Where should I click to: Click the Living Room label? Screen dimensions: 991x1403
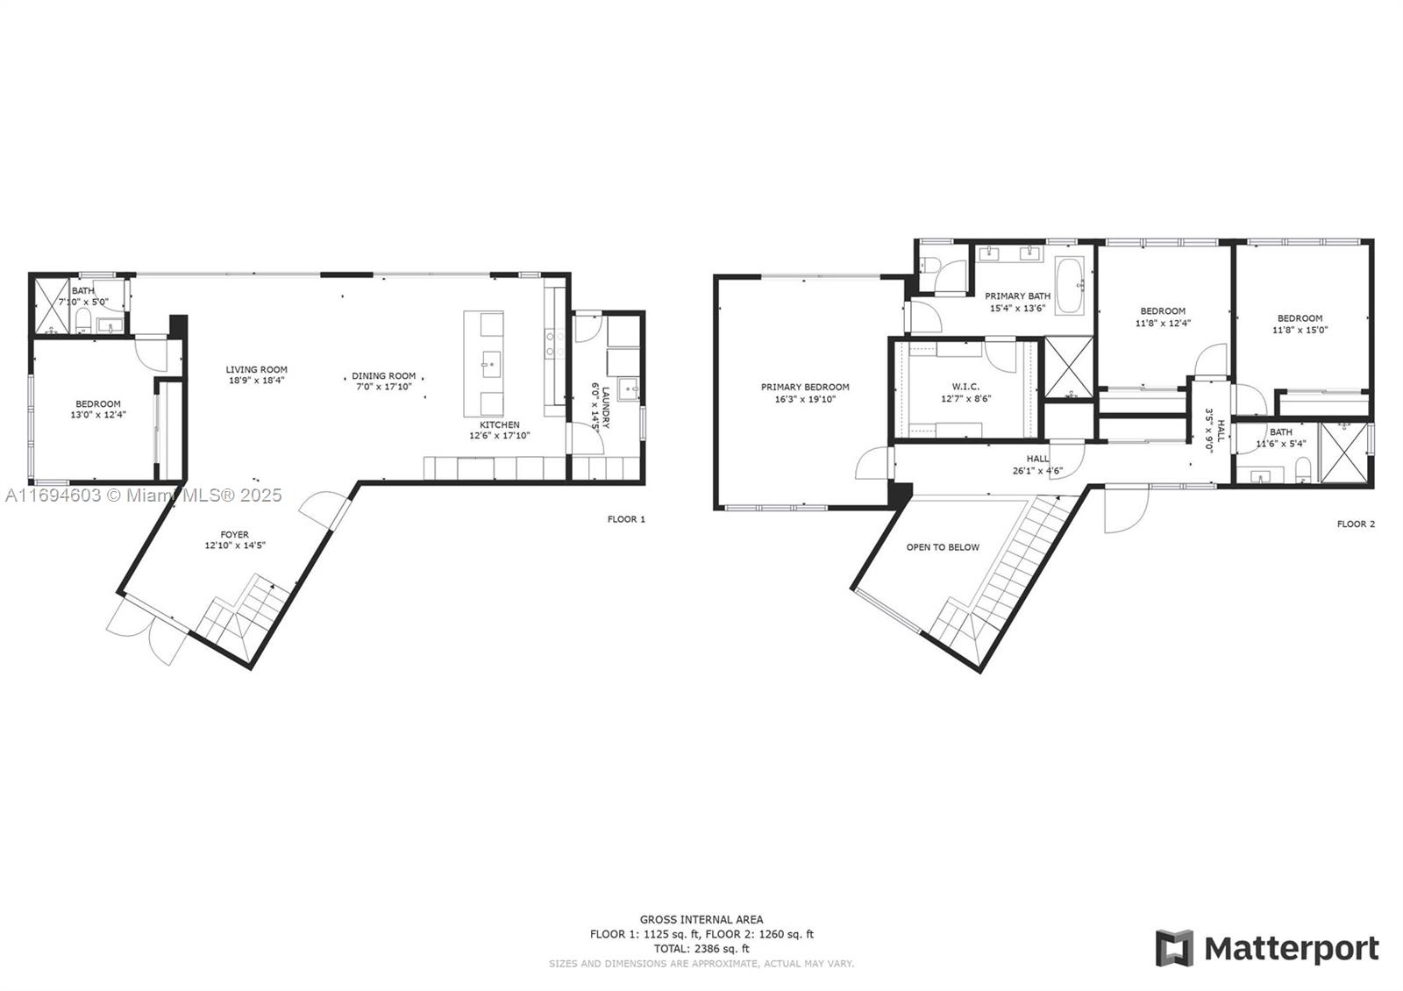tap(256, 369)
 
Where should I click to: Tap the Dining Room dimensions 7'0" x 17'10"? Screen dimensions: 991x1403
tap(384, 387)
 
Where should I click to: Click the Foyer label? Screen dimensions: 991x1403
tap(234, 534)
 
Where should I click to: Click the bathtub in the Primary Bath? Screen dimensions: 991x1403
tap(1070, 286)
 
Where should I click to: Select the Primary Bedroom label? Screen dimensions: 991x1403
tap(805, 387)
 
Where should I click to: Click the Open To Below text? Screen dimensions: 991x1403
tap(943, 547)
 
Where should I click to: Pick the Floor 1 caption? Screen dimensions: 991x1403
tap(626, 519)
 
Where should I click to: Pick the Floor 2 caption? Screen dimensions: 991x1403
tap(1356, 524)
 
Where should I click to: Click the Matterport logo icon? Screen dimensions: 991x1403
tap(1174, 948)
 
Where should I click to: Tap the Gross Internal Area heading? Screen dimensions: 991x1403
tap(701, 919)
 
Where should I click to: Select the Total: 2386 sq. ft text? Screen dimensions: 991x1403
tap(701, 948)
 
